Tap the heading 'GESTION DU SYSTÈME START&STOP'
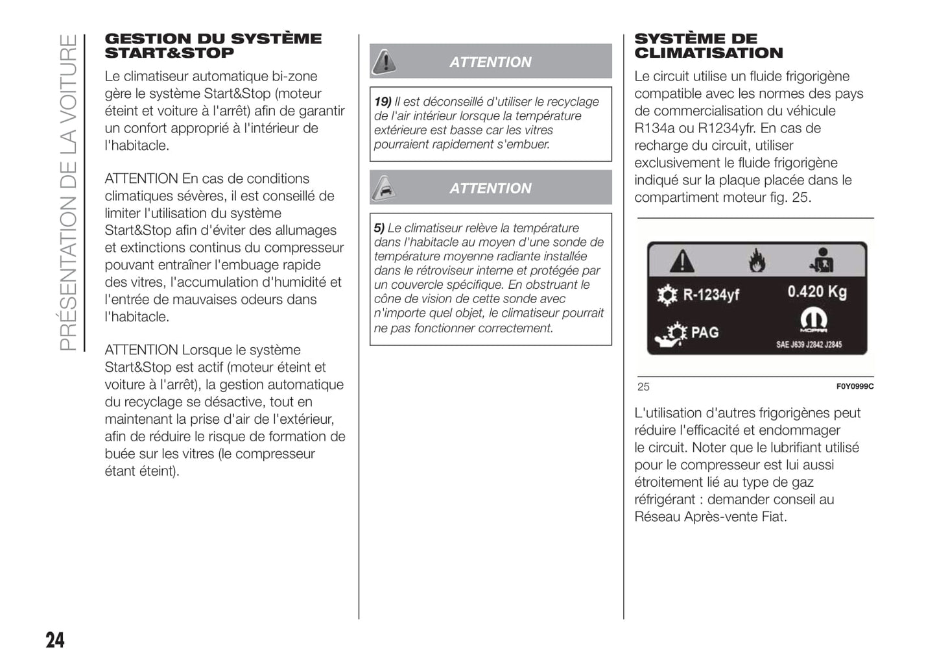tap(213, 46)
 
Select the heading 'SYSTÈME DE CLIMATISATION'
tap(708, 46)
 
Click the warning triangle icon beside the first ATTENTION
tap(385, 61)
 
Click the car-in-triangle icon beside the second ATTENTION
tap(385, 188)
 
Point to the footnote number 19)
tap(383, 102)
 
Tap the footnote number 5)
tap(379, 228)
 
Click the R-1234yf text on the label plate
tap(711, 295)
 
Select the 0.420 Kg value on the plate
tap(816, 291)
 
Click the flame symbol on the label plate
tap(757, 262)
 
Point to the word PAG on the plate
tap(705, 333)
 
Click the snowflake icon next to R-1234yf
tap(666, 295)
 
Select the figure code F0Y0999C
tap(854, 387)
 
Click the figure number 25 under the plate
tap(643, 387)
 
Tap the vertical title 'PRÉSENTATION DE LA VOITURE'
tap(68, 192)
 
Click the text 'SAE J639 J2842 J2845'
tap(809, 345)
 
